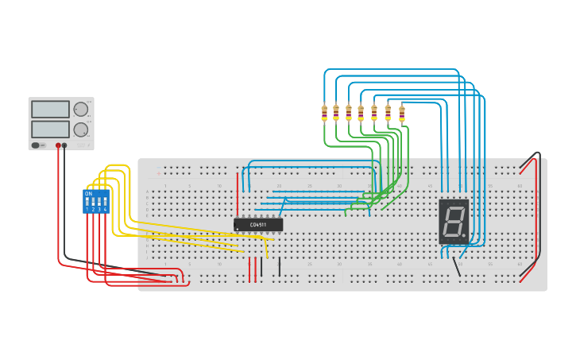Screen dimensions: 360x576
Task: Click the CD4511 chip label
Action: pyautogui.click(x=258, y=225)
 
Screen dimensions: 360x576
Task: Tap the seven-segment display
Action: pyautogui.click(x=454, y=221)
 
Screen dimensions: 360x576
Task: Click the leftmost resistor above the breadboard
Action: pyautogui.click(x=324, y=113)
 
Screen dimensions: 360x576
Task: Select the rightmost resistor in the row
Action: pyautogui.click(x=401, y=113)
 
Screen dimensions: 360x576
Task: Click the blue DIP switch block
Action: pyautogui.click(x=96, y=201)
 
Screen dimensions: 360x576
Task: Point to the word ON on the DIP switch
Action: pyautogui.click(x=88, y=194)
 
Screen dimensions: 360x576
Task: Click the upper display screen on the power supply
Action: pyautogui.click(x=50, y=110)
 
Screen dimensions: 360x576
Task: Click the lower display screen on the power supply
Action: pyautogui.click(x=50, y=129)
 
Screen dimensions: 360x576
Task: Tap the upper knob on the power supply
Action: pyautogui.click(x=80, y=110)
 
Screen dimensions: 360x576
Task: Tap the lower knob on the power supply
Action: pyautogui.click(x=80, y=129)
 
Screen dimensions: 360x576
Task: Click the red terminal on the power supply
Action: pyautogui.click(x=58, y=146)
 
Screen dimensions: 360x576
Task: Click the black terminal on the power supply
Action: pyautogui.click(x=64, y=146)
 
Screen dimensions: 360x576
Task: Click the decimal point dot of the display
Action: pyautogui.click(x=464, y=235)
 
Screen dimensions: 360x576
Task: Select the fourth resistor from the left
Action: pyautogui.click(x=361, y=113)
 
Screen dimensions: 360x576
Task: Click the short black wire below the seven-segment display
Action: pyautogui.click(x=457, y=266)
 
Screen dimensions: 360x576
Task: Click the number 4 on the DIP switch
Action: pyautogui.click(x=105, y=210)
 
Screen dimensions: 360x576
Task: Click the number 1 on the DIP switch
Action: pyautogui.click(x=87, y=210)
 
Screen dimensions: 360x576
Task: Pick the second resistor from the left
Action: pyautogui.click(x=336, y=113)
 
